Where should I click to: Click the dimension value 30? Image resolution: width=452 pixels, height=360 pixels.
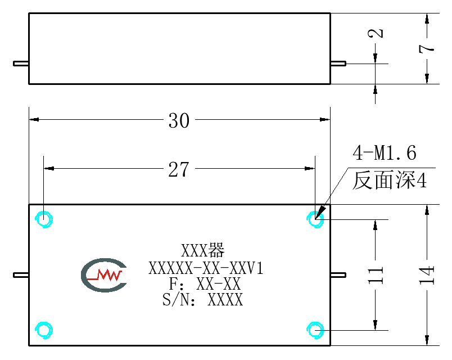[x=179, y=120]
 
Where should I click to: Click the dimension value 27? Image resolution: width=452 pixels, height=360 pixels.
[x=179, y=169]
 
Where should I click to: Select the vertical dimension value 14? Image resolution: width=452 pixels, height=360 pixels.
[x=427, y=276]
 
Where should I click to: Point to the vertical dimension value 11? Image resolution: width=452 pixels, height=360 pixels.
[x=376, y=276]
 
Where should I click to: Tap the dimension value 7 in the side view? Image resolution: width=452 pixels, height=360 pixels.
[x=427, y=48]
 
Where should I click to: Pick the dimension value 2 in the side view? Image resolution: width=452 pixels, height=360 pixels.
[x=376, y=33]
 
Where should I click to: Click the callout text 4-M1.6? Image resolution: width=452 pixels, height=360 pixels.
[x=385, y=152]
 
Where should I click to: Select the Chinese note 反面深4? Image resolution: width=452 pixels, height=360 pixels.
[x=390, y=181]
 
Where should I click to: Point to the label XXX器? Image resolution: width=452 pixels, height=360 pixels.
[x=202, y=250]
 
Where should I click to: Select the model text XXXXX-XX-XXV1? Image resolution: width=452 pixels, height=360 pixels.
[x=206, y=268]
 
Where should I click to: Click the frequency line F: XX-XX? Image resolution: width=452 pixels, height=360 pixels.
[x=205, y=284]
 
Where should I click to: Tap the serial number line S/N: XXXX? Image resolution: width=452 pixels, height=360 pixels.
[x=202, y=299]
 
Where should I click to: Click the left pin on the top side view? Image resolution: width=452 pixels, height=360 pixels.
[x=21, y=64]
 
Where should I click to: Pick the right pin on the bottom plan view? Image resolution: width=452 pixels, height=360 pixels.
[x=338, y=275]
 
